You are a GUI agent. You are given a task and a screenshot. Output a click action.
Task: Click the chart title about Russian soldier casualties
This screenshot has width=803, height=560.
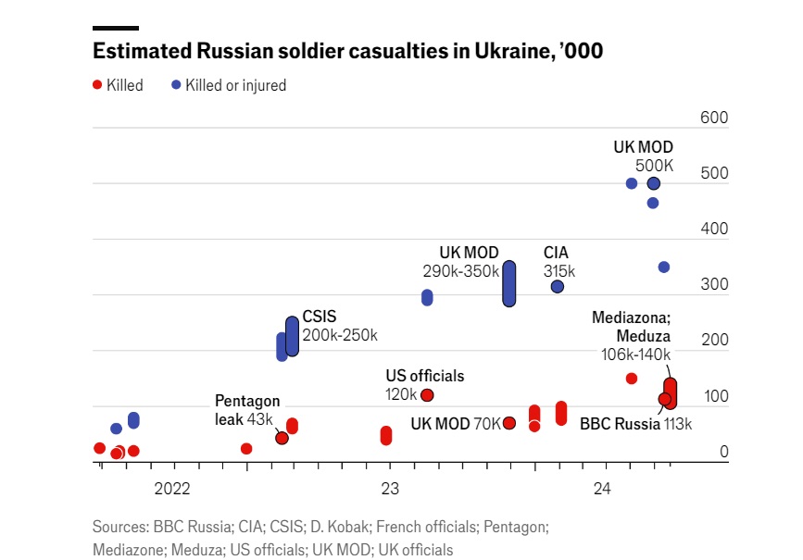(x=348, y=52)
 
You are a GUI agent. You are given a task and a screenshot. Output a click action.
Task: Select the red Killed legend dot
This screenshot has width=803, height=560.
(x=97, y=85)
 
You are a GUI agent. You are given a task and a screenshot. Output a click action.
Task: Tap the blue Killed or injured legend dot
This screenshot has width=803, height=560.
(x=176, y=85)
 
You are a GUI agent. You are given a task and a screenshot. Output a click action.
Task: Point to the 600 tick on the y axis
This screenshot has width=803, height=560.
(x=714, y=118)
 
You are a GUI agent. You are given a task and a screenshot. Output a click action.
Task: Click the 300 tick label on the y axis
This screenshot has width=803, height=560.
(x=714, y=285)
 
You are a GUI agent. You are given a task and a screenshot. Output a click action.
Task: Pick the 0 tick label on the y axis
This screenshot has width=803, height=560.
(x=723, y=452)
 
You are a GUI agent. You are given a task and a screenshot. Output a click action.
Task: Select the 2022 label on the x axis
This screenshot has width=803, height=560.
(x=172, y=488)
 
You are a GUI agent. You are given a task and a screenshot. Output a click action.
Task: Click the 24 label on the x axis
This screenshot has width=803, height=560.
(x=602, y=488)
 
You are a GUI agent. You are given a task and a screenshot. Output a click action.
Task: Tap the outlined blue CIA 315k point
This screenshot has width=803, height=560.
(x=557, y=287)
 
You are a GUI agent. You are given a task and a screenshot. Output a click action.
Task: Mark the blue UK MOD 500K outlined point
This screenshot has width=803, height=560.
(x=653, y=183)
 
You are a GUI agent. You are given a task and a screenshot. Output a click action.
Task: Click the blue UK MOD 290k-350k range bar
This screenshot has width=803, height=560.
(x=509, y=283)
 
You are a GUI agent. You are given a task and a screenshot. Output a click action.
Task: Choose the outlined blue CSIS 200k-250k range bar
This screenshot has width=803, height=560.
(x=292, y=336)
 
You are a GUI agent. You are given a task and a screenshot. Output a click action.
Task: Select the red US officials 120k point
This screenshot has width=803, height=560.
(x=427, y=395)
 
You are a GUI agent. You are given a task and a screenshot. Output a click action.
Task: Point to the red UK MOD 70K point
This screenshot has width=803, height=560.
(x=509, y=423)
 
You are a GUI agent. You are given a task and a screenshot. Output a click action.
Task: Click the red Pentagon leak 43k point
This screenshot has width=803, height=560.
(x=282, y=438)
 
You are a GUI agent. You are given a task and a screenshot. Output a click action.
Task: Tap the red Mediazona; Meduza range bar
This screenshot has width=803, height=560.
(x=671, y=392)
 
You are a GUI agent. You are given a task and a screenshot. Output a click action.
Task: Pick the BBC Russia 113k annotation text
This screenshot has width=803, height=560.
(x=635, y=425)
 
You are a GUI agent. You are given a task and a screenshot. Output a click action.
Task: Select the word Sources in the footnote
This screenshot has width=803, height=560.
(x=119, y=527)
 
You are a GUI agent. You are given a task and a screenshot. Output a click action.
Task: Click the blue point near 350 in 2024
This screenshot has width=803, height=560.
(x=664, y=268)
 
